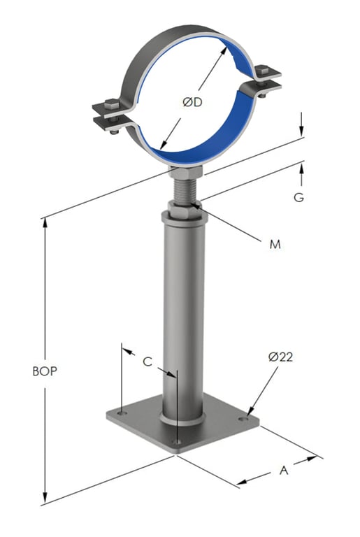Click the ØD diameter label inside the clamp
coord(192,103)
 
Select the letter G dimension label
coord(298,198)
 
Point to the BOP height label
coord(45,371)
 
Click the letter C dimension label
coord(147,361)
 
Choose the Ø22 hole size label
coord(280,357)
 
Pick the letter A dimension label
coord(284,471)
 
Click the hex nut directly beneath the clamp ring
coord(185,172)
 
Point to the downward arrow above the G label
coord(301,131)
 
